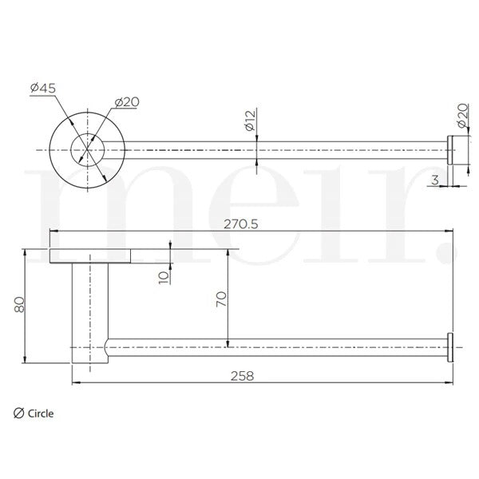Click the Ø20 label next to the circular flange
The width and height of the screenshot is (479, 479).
127,101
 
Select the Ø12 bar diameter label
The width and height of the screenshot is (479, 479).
249,121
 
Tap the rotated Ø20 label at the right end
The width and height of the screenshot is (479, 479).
461,117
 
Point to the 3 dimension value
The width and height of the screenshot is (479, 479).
434,180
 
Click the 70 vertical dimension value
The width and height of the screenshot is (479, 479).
222,299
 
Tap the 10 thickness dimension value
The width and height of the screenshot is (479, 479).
164,276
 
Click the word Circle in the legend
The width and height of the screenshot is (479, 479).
41,414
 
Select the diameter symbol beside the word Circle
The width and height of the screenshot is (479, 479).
18,414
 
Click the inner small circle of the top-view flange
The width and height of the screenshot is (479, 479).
87,148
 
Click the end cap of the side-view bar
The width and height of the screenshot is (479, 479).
452,348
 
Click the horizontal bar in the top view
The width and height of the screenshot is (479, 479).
279,149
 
